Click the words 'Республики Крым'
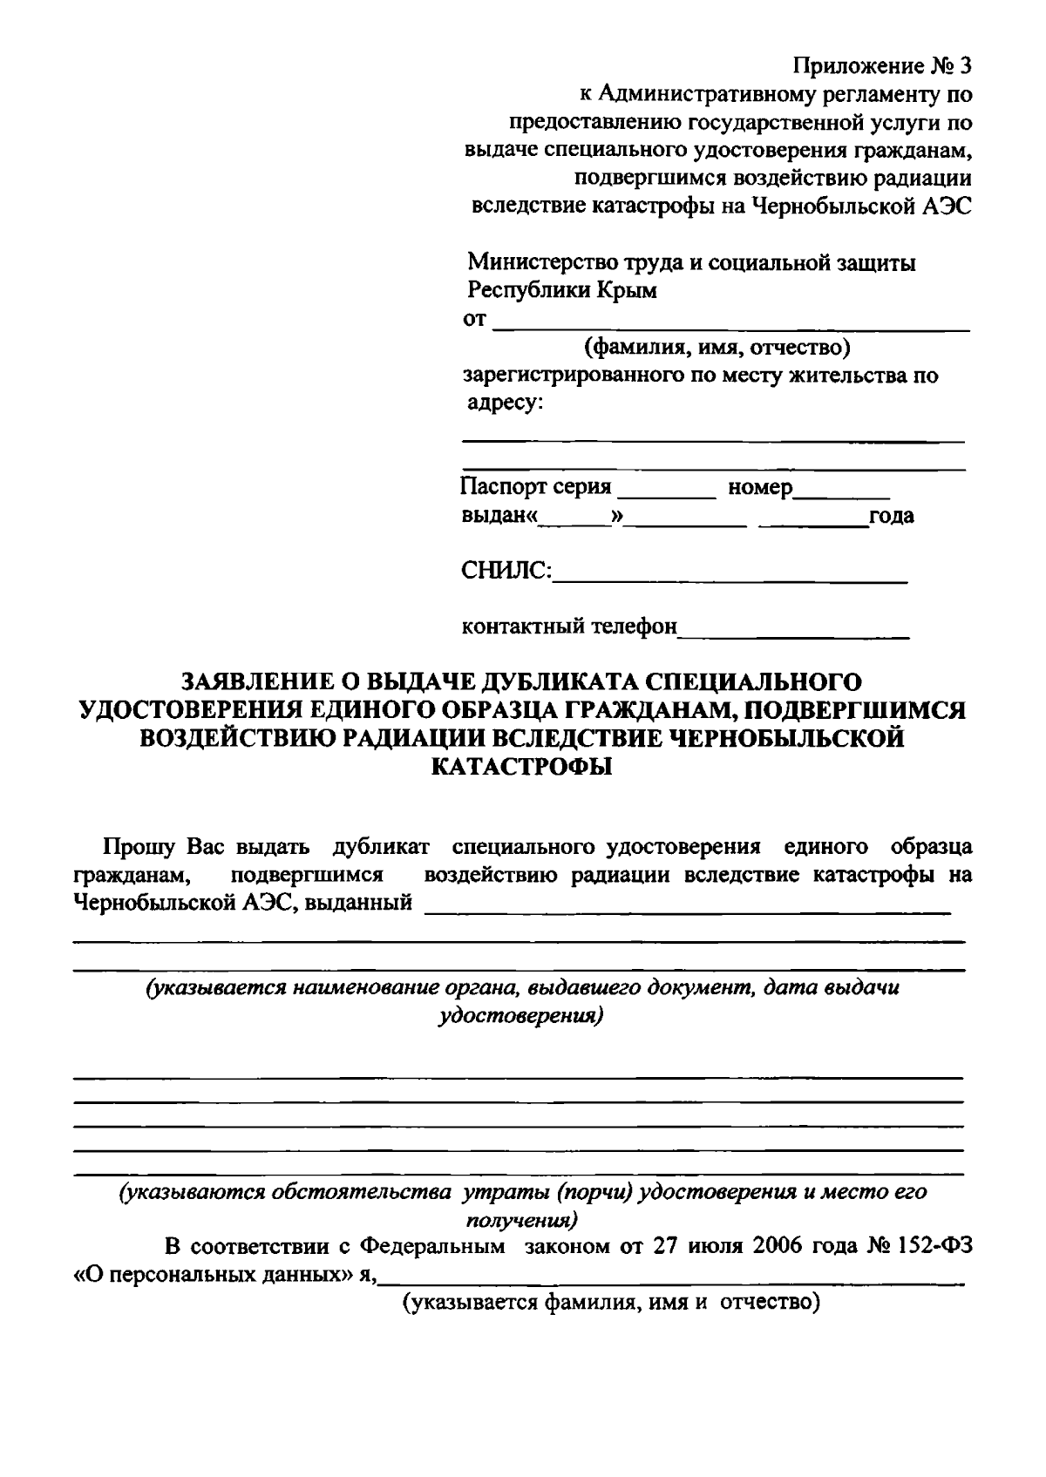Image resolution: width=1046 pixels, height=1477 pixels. click(x=562, y=290)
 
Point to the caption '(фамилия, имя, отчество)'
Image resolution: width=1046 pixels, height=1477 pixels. click(x=717, y=348)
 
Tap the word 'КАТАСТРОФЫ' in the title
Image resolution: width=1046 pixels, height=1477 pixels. click(x=522, y=767)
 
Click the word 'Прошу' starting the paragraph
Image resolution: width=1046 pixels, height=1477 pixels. click(x=140, y=846)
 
